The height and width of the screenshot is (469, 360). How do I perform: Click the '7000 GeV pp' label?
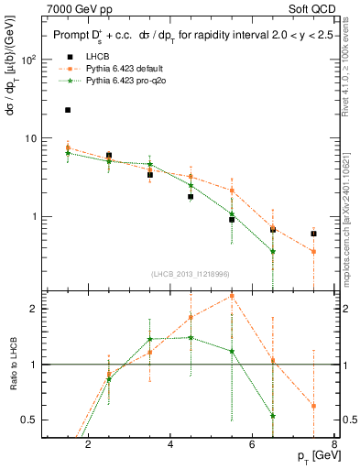click(76, 7)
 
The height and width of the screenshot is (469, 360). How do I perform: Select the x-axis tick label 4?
click(171, 446)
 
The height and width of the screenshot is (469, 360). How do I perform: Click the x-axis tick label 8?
click(334, 446)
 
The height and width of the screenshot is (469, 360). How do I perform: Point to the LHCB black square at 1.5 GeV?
click(68, 110)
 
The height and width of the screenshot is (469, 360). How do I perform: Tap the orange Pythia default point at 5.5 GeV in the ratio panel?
click(232, 296)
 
